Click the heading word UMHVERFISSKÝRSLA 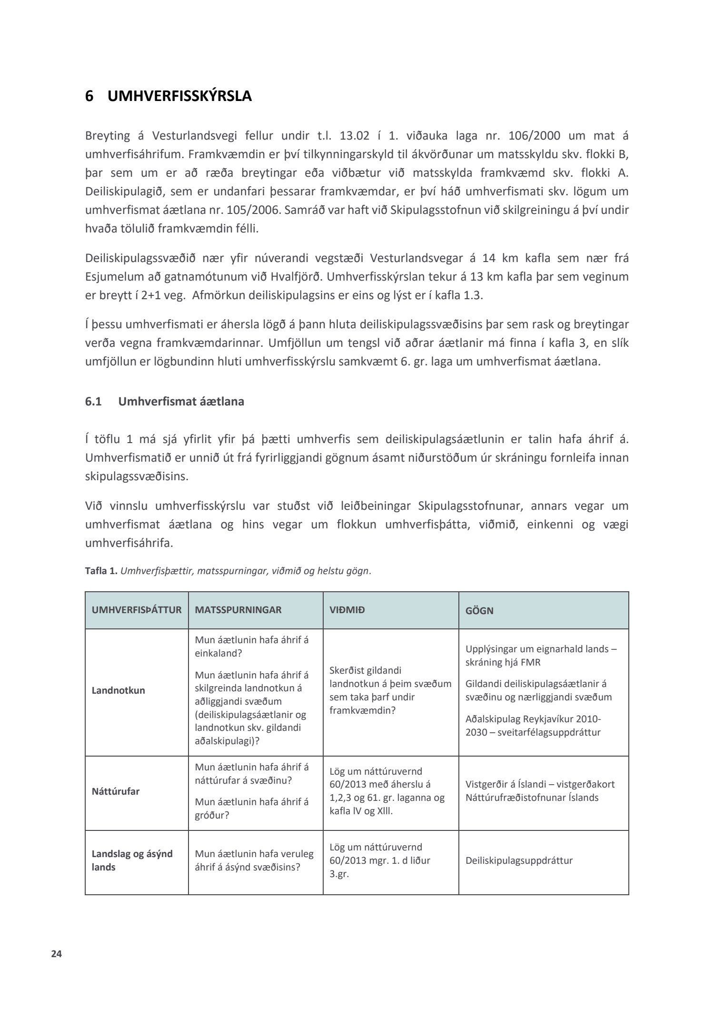click(x=179, y=96)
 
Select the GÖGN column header click(x=479, y=610)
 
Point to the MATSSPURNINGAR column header click(x=238, y=610)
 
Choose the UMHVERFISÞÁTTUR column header click(x=137, y=610)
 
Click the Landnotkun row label click(x=118, y=690)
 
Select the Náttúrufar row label click(x=115, y=791)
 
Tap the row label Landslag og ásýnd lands click(x=132, y=860)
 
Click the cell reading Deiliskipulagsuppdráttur click(x=519, y=860)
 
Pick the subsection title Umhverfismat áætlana click(x=181, y=401)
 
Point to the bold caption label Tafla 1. click(x=101, y=571)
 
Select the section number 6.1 click(x=94, y=401)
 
